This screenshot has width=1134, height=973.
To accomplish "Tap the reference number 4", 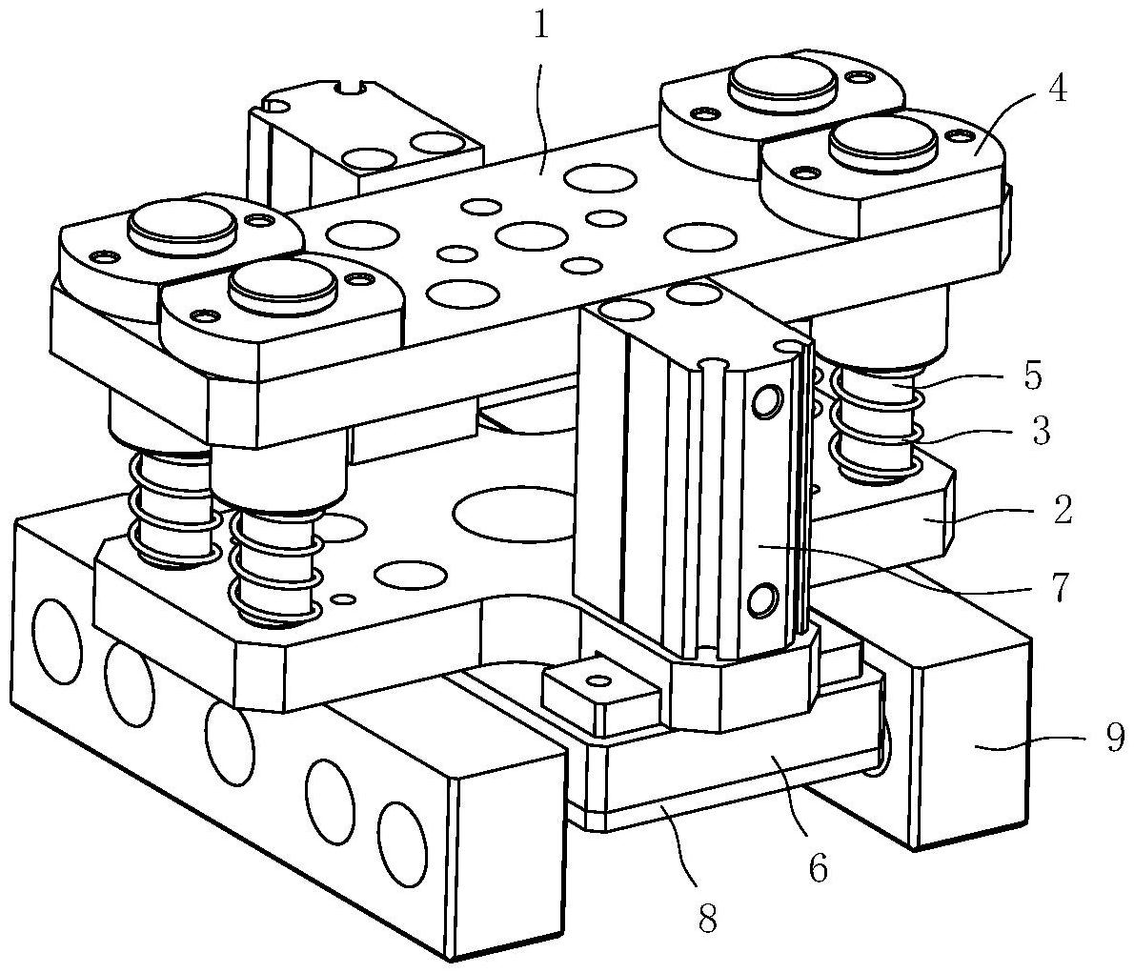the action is [1057, 90].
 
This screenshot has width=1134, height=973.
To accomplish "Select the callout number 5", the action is [1033, 376].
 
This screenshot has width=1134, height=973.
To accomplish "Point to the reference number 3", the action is [1040, 431].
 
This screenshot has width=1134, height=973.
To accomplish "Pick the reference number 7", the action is [1061, 587].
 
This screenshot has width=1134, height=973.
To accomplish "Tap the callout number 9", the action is [1115, 737].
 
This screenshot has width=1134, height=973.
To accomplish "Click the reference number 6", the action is [818, 867].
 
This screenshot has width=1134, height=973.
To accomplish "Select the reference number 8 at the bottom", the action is [706, 919].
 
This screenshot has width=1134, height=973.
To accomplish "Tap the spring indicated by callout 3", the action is [875, 425].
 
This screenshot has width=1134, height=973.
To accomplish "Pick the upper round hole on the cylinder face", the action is [766, 401].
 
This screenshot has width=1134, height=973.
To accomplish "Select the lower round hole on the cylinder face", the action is [763, 600].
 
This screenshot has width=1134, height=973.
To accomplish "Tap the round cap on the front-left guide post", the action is [283, 284].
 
